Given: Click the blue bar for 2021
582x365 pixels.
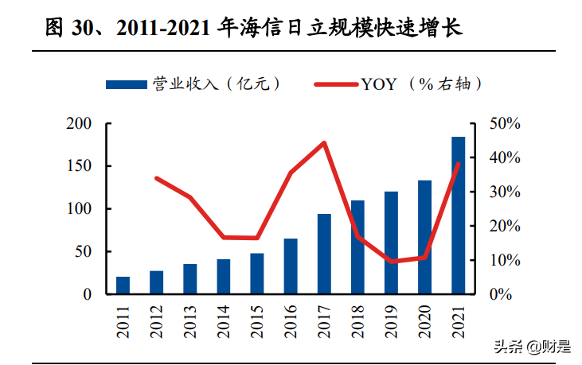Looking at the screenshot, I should click(x=459, y=216).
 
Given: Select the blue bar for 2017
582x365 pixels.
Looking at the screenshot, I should click(x=324, y=254).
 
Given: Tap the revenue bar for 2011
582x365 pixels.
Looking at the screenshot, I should click(x=123, y=285).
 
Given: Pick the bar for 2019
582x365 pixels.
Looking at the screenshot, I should click(x=391, y=243).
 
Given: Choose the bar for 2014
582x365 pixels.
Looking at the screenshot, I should click(x=224, y=277).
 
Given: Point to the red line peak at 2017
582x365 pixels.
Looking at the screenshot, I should click(x=324, y=143).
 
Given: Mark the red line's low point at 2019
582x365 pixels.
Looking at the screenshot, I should click(x=391, y=261).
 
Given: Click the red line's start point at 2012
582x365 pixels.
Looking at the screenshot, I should click(x=157, y=178).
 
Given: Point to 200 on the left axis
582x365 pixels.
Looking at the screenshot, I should click(x=80, y=124).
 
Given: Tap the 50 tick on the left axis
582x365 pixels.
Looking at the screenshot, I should click(x=85, y=252).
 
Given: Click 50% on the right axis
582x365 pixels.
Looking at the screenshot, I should click(x=504, y=124).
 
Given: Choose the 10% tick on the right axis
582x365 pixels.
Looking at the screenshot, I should click(x=504, y=260).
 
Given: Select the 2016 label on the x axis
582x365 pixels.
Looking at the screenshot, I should click(x=291, y=323).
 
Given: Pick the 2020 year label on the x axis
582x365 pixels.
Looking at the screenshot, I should click(x=425, y=323).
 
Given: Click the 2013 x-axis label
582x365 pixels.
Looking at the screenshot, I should click(x=190, y=323).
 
